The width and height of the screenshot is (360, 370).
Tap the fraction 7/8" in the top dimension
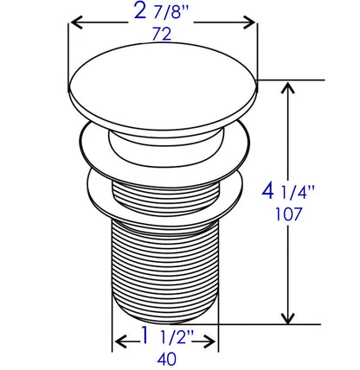pos(170,15)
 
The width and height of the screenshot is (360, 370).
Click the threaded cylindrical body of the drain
pos(164,268)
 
